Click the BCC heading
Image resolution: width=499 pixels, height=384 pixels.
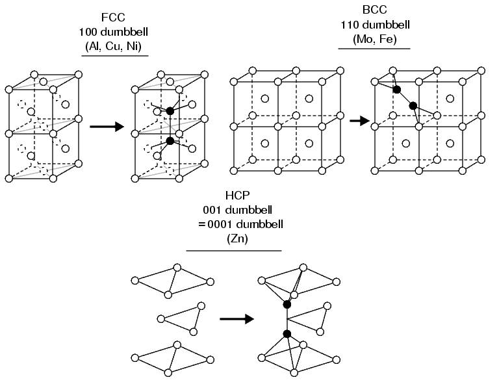(368, 10)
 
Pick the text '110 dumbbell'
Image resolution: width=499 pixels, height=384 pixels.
(368, 25)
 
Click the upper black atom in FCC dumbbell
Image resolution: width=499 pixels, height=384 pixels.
(170, 111)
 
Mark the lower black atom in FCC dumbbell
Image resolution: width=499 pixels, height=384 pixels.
(170, 140)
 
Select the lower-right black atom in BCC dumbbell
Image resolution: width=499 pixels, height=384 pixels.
(413, 105)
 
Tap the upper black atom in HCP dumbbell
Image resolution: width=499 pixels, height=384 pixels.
(287, 304)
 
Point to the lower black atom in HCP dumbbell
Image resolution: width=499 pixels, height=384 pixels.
(287, 334)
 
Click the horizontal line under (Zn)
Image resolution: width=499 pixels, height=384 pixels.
(234, 250)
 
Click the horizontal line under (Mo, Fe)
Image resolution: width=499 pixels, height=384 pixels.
(368, 48)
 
